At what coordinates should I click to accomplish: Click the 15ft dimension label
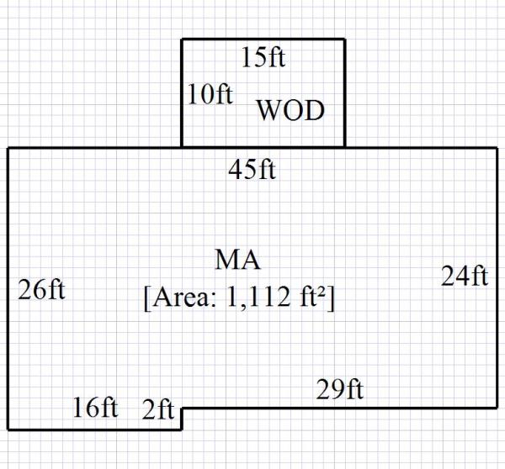pyautogui.click(x=263, y=58)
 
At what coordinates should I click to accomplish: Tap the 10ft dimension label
pyautogui.click(x=210, y=93)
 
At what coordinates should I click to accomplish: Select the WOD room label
pyautogui.click(x=290, y=111)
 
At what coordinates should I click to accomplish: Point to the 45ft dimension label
pyautogui.click(x=252, y=170)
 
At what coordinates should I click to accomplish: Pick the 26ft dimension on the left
pyautogui.click(x=41, y=291)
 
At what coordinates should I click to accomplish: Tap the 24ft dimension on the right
pyautogui.click(x=465, y=276)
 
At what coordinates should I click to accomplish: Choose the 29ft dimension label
pyautogui.click(x=340, y=390)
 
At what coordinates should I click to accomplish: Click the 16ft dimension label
pyautogui.click(x=95, y=408)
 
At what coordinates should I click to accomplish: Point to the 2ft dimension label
pyautogui.click(x=158, y=411)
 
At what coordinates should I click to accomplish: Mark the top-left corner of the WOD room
pyautogui.click(x=183, y=39)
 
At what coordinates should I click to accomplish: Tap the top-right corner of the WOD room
pyautogui.click(x=344, y=39)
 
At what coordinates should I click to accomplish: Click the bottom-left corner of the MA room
pyautogui.click(x=8, y=429)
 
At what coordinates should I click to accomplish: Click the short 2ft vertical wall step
pyautogui.click(x=183, y=419)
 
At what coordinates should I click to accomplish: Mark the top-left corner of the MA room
pyautogui.click(x=8, y=148)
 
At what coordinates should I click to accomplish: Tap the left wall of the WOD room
pyautogui.click(x=183, y=92)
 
